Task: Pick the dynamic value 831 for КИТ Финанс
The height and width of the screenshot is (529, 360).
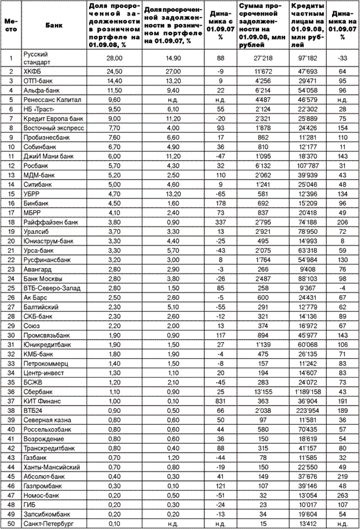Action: (x=220, y=401)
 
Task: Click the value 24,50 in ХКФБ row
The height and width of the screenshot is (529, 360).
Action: (x=113, y=71)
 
